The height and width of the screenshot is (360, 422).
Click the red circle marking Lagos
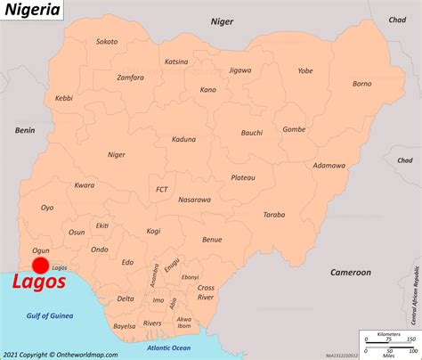(40, 266)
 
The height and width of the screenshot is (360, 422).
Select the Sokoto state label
(107, 41)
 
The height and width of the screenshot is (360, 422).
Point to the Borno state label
(362, 84)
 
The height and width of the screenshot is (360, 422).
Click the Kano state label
(208, 90)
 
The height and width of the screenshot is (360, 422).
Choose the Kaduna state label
(183, 139)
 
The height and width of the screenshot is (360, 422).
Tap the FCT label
(162, 189)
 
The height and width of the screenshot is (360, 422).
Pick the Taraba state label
(273, 215)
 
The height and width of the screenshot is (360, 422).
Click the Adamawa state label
(329, 165)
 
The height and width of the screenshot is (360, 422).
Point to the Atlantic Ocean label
(169, 348)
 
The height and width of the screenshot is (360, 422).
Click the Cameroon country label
(350, 271)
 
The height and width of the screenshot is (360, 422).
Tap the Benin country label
(24, 130)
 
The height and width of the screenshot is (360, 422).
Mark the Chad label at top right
(397, 19)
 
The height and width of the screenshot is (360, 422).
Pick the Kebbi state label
(64, 98)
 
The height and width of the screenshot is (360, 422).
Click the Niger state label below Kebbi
(117, 154)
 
